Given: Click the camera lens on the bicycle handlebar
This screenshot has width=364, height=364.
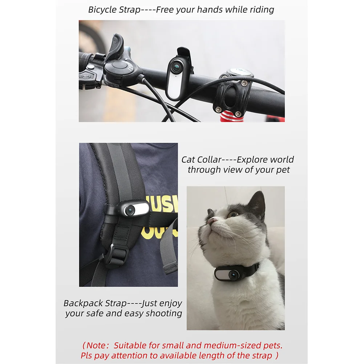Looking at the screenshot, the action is pos(176,67).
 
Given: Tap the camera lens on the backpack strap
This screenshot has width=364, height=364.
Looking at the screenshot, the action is pos(130,210).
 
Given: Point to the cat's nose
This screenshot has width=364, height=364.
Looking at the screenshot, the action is pos(211,220).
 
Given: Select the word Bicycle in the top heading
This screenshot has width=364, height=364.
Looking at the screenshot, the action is pos(102,10).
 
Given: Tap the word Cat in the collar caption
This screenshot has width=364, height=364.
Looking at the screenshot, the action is pos(188,160).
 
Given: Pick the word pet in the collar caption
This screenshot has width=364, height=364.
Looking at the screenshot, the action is pos(283,170).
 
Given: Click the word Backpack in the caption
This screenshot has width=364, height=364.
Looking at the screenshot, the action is pos(83,303).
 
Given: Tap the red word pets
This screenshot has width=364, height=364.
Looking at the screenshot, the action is pos(273,346).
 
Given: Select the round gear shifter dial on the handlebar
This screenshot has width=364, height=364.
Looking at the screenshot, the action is pos(116,67).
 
